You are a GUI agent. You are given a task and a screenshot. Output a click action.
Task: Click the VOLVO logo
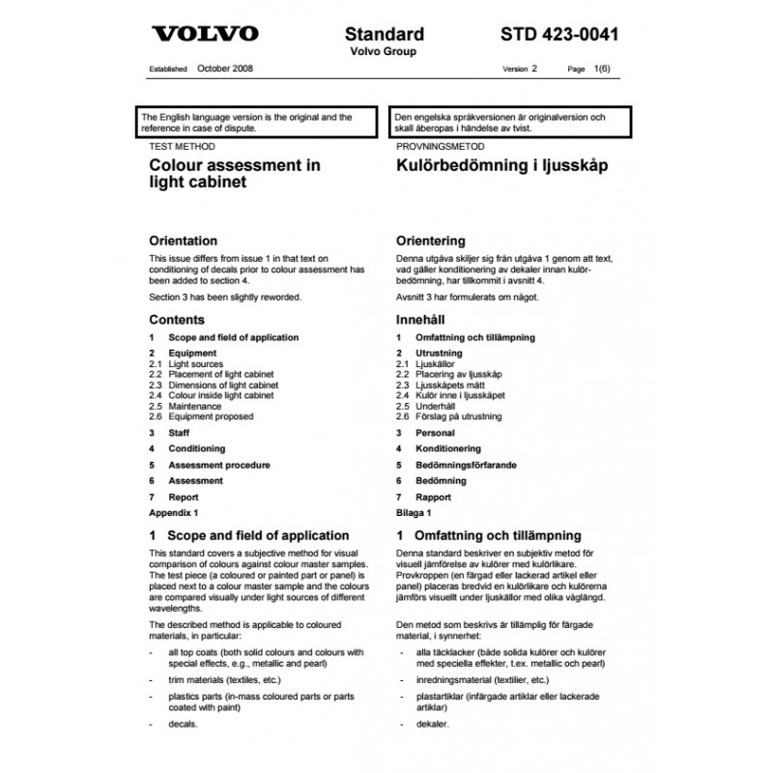pyautogui.click(x=206, y=35)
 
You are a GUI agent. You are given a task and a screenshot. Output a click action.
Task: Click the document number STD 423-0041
pyautogui.click(x=560, y=35)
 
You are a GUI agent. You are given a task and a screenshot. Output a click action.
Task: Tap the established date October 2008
pyautogui.click(x=225, y=70)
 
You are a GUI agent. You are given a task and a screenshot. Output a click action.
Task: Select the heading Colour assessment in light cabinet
pyautogui.click(x=235, y=173)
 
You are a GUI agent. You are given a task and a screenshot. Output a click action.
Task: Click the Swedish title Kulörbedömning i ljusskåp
pyautogui.click(x=501, y=165)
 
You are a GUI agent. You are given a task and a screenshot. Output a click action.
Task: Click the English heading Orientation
pyautogui.click(x=183, y=241)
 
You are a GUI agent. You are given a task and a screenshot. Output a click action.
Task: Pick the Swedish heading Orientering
pyautogui.click(x=431, y=241)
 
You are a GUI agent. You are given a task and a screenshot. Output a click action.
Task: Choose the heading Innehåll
pyautogui.click(x=420, y=319)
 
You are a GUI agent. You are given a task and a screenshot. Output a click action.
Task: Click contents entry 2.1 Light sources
pyautogui.click(x=196, y=364)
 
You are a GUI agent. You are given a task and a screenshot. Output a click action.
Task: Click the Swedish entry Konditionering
pyautogui.click(x=447, y=448)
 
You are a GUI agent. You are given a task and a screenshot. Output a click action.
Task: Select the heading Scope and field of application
pyautogui.click(x=258, y=535)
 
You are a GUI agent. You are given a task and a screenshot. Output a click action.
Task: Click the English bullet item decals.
pyautogui.click(x=183, y=723)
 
